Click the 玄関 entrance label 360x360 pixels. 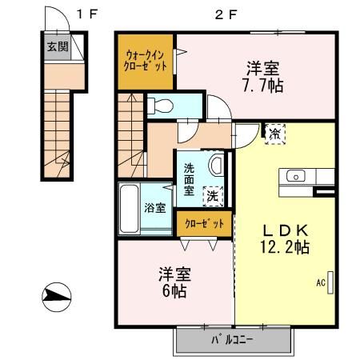(58, 46)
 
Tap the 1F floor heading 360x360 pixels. (87, 14)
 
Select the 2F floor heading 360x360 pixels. (226, 14)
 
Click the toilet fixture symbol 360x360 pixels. (160, 106)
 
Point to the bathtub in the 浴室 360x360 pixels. (129, 209)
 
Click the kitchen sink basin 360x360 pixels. (296, 176)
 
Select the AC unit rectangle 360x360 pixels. (330, 282)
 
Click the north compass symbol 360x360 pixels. (57, 297)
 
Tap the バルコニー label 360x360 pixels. (232, 340)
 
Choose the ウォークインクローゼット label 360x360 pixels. (146, 61)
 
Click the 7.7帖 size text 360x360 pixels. (263, 85)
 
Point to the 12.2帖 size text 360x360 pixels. (285, 246)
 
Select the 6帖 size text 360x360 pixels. (174, 290)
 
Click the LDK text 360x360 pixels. (286, 230)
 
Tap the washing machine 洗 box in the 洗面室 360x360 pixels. (213, 197)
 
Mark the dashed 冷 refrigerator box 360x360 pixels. (275, 134)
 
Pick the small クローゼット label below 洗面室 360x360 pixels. (205, 223)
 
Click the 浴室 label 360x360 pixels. (155, 207)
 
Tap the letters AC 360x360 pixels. (321, 282)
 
